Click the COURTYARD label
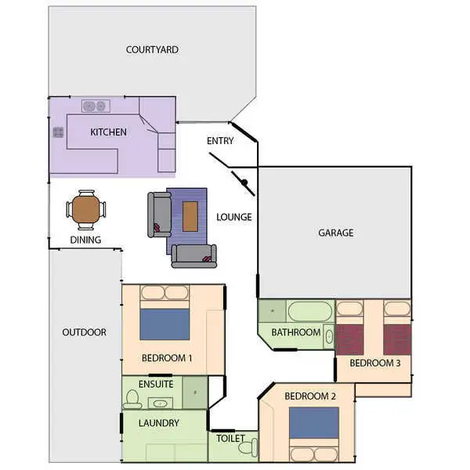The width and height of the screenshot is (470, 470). coord(152,49)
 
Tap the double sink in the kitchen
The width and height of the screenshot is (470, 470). coord(96,106)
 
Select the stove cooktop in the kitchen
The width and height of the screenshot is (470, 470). coord(57,132)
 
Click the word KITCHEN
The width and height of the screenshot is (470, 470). coord(108,132)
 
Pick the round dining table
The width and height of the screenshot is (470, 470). coord(85,209)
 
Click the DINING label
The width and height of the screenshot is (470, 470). coord(85,240)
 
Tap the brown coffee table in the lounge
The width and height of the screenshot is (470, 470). coord(190,216)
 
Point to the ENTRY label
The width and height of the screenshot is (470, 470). coord(220,141)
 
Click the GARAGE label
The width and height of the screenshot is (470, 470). coord(335,233)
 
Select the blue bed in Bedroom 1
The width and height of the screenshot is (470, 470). coord(164,324)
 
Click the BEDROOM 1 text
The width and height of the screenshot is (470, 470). coord(167,358)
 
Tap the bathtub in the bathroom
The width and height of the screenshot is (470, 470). coord(310,311)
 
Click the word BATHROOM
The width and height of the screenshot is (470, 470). coord(295,332)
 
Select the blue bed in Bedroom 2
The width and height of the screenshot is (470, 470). coord(313,423)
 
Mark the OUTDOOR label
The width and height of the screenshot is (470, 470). coord(84,332)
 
